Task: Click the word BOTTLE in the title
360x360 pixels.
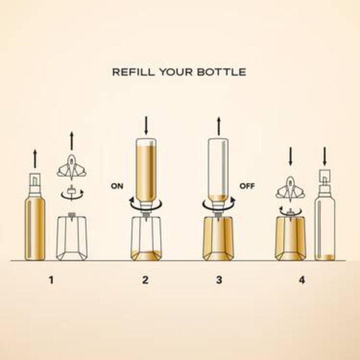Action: (222, 72)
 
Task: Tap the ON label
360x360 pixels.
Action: (117, 186)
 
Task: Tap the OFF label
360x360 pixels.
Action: (247, 186)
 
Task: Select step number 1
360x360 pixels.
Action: (51, 280)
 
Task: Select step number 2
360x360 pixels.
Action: (145, 280)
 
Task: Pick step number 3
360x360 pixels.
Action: (219, 280)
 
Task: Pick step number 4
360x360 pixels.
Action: (302, 280)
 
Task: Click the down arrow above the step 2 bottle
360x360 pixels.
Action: (146, 126)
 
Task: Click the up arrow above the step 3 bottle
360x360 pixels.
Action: (219, 126)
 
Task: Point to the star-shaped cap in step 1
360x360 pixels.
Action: (72, 167)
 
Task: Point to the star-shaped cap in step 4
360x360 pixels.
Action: (291, 189)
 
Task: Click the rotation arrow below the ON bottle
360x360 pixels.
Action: (146, 204)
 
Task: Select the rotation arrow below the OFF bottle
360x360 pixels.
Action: (219, 204)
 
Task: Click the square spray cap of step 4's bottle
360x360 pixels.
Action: (325, 176)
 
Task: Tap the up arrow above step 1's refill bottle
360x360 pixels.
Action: (35, 158)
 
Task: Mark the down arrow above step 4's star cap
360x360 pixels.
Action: (291, 157)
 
